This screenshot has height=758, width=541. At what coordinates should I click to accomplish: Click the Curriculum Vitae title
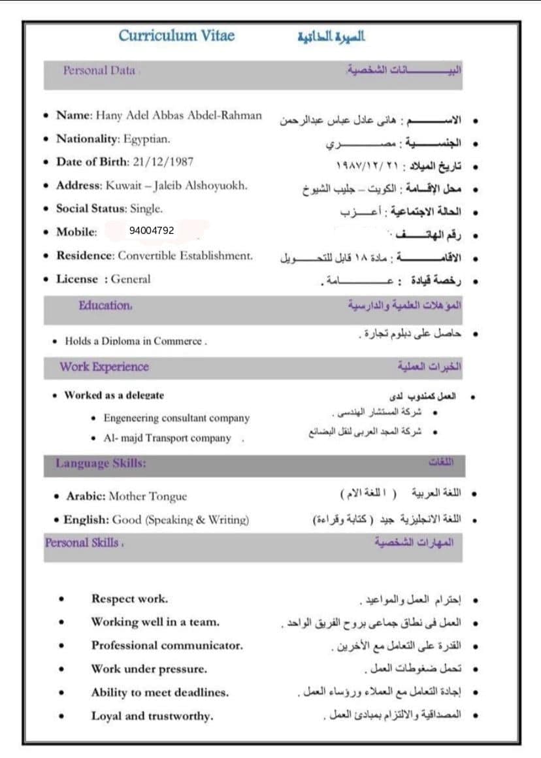tap(176, 36)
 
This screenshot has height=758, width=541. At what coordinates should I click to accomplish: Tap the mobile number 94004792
tap(152, 231)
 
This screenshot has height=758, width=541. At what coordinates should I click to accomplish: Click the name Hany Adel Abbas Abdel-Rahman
tap(179, 116)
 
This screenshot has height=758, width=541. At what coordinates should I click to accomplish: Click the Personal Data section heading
tap(99, 71)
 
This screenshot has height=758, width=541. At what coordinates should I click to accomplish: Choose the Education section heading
tap(105, 305)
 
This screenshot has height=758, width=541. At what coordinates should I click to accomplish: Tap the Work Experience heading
tap(104, 367)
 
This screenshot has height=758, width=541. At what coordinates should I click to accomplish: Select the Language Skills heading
tap(101, 463)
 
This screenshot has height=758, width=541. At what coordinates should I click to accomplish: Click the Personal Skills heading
tap(82, 542)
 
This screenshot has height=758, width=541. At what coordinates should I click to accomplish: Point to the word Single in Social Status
tap(146, 208)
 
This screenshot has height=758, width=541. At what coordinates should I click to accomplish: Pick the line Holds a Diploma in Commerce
tap(136, 341)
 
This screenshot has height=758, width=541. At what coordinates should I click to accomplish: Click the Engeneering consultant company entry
tap(176, 418)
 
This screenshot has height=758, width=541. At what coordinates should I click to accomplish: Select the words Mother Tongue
tap(148, 496)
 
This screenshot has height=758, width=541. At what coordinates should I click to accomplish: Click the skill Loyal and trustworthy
tap(152, 716)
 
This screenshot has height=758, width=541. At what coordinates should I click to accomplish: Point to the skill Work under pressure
tap(149, 668)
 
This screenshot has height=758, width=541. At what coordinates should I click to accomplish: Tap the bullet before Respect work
tap(61, 599)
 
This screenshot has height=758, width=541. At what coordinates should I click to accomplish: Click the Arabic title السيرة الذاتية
tap(331, 36)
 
